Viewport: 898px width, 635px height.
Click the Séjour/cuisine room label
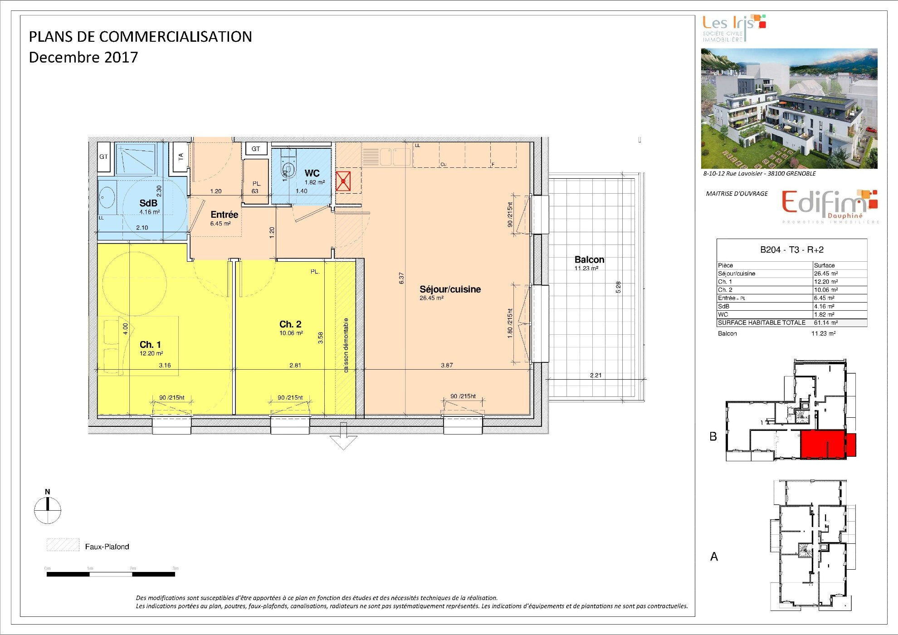[x=450, y=289]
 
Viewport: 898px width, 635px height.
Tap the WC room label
[x=312, y=173]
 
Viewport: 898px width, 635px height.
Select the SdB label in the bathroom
[x=148, y=203]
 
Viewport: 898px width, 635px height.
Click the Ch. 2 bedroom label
[x=290, y=324]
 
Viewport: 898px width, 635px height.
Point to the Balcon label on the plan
[x=589, y=260]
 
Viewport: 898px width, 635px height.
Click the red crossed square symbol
[x=343, y=181]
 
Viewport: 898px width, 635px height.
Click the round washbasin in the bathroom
[x=107, y=198]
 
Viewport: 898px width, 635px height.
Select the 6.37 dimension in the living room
[x=401, y=278]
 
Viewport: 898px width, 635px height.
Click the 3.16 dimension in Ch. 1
[x=165, y=366]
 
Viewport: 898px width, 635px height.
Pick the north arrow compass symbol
[x=48, y=509]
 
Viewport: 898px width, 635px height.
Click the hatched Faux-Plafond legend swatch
[x=63, y=545]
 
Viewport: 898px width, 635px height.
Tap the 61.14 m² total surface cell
[x=826, y=323]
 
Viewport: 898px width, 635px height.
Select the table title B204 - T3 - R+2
[x=791, y=250]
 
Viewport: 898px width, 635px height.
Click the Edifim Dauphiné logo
[x=830, y=205]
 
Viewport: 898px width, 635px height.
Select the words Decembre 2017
[x=83, y=58]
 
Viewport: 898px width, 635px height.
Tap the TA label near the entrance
[x=181, y=156]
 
